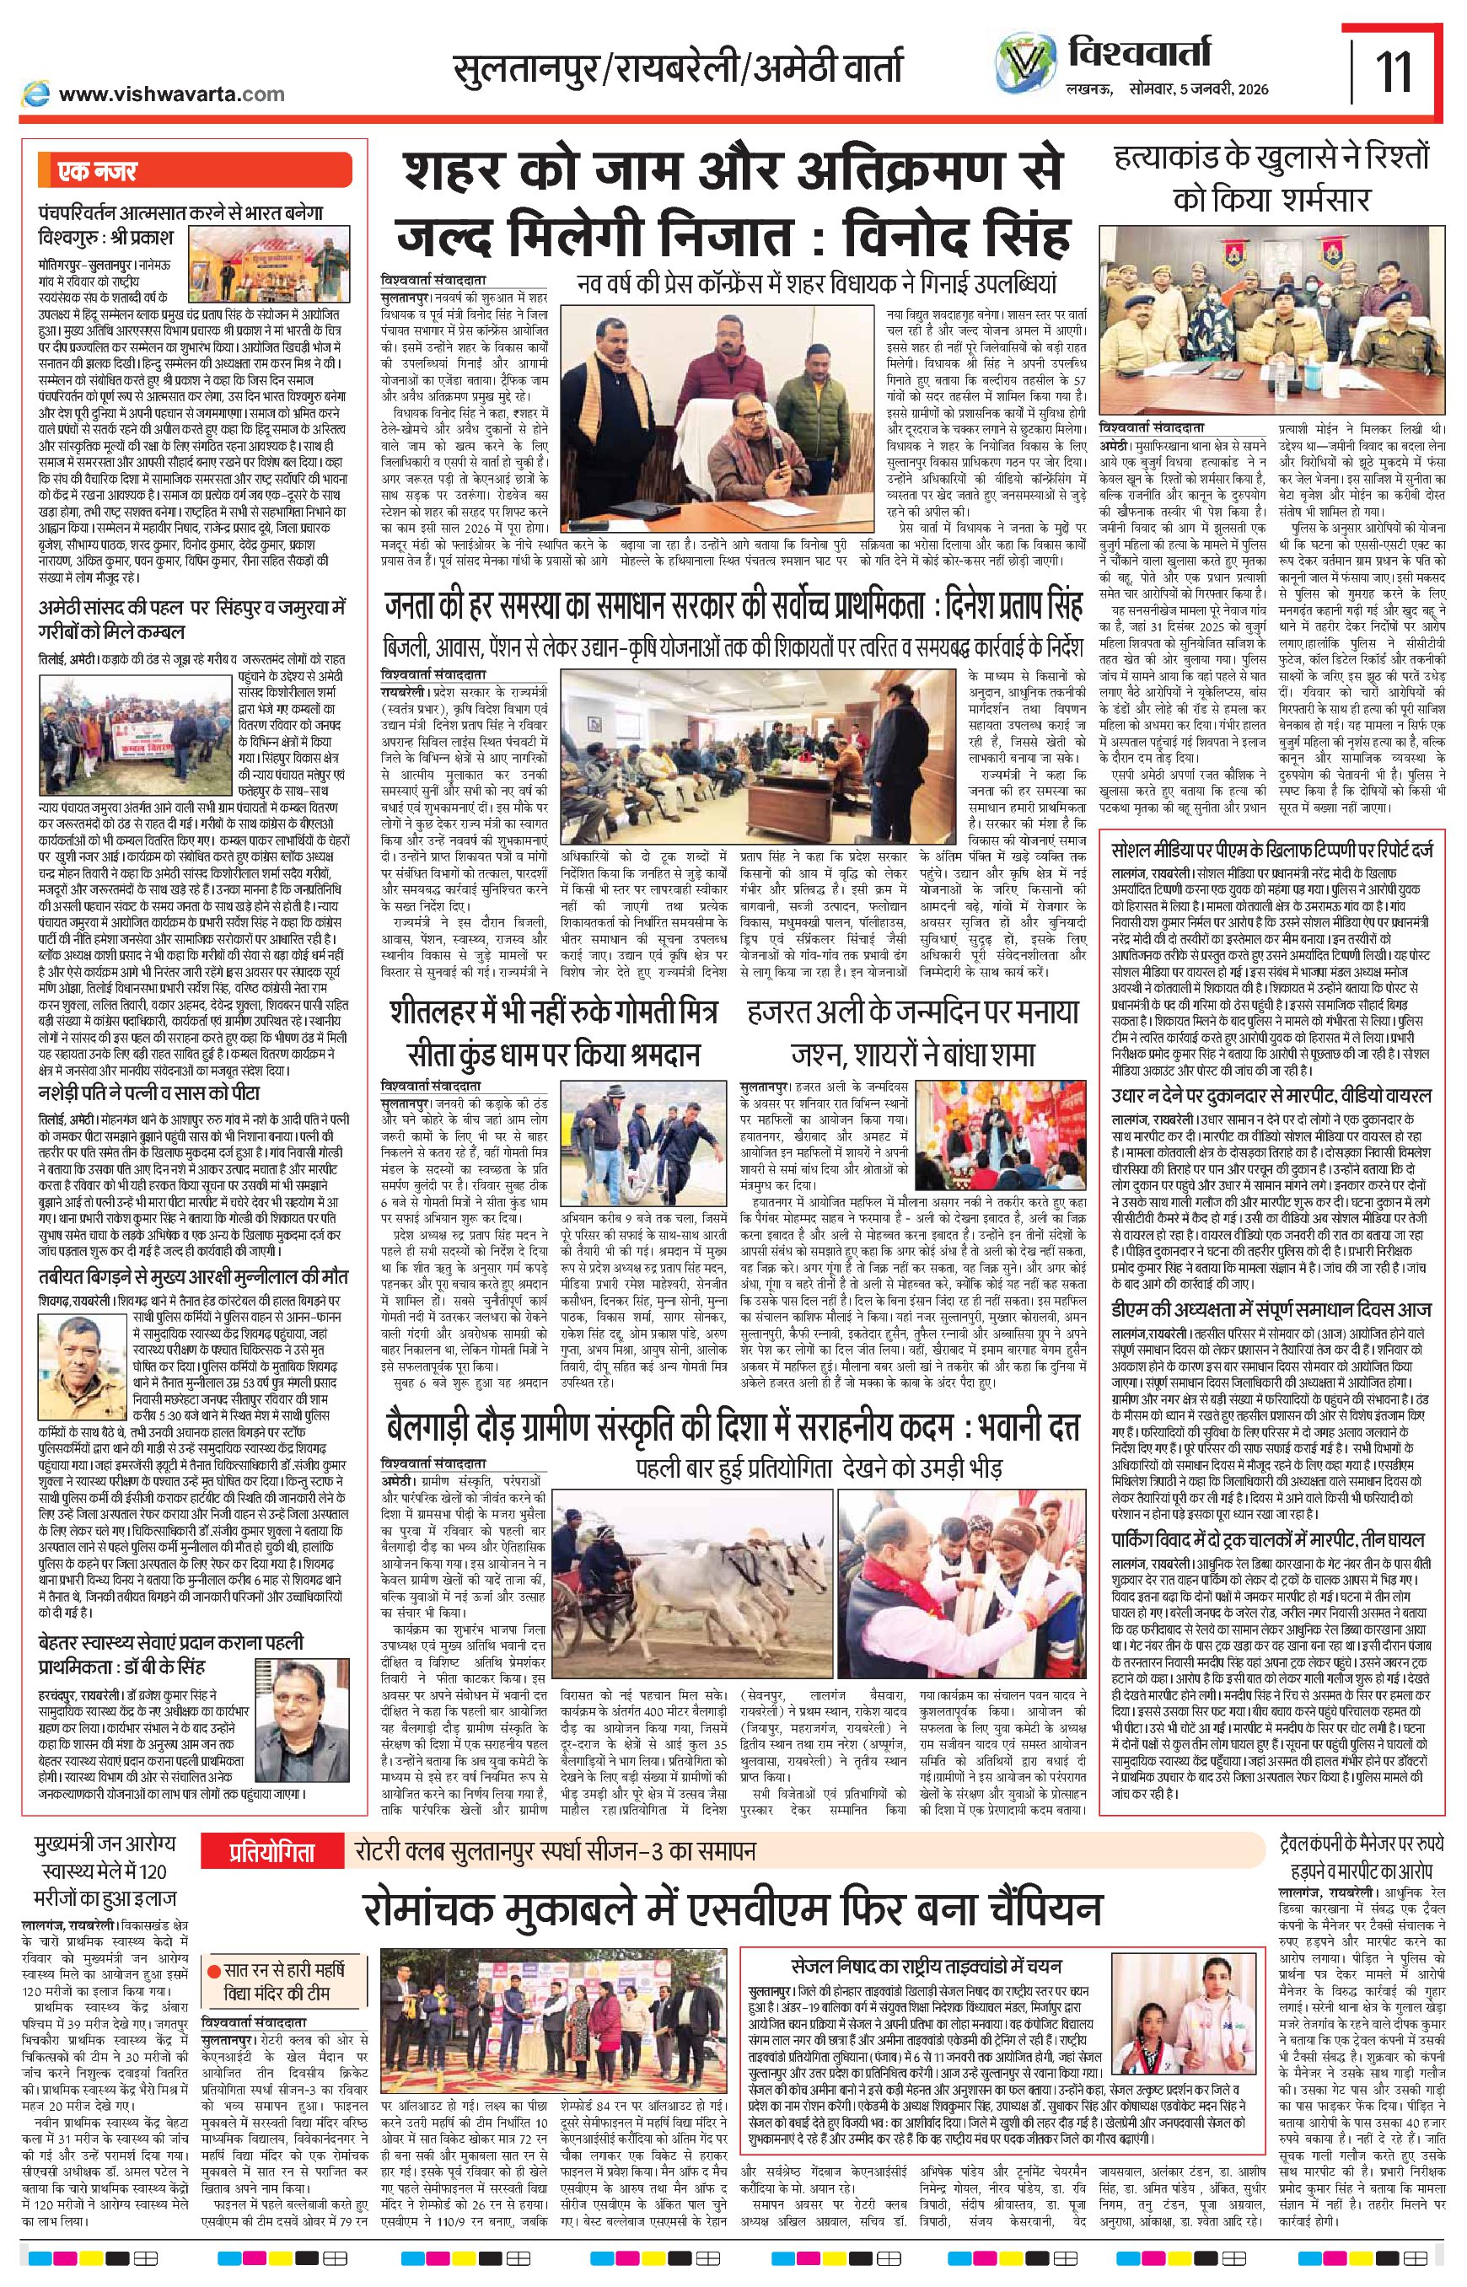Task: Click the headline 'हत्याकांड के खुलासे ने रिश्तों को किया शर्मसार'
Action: point(1274,180)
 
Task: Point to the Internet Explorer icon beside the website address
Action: point(37,93)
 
